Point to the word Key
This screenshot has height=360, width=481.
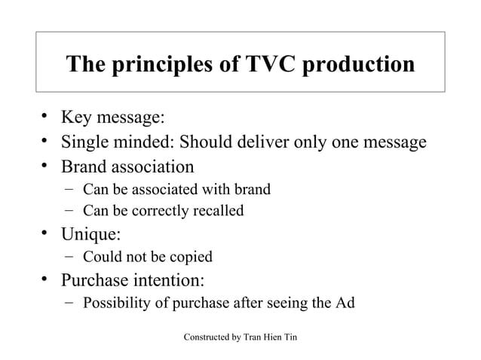pyautogui.click(x=78, y=118)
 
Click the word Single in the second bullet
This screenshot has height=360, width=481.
pyautogui.click(x=87, y=142)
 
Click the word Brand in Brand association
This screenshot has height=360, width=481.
pyautogui.click(x=84, y=166)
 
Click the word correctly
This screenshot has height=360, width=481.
pyautogui.click(x=158, y=211)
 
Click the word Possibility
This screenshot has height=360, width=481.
pyautogui.click(x=116, y=304)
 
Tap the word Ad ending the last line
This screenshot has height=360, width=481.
pyautogui.click(x=345, y=304)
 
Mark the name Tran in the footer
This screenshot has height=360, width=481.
pyautogui.click(x=253, y=336)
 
